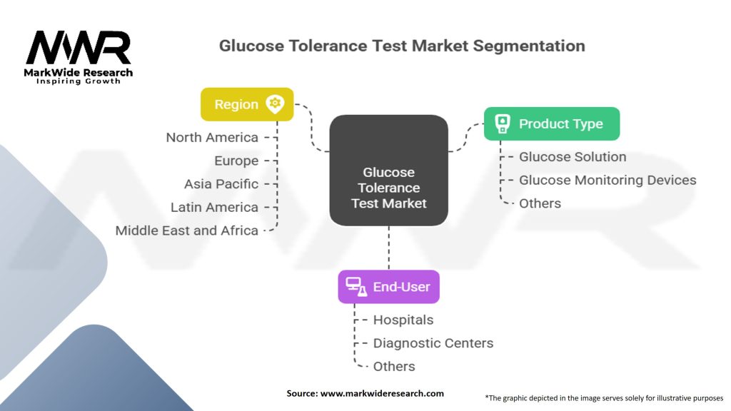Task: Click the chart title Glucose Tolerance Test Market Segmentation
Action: [402, 46]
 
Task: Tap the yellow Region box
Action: [247, 104]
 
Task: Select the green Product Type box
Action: [551, 123]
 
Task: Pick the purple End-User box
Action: [389, 287]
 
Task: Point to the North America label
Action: [212, 137]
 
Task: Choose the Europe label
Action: [236, 161]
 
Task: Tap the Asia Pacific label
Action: [221, 183]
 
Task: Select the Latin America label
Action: [214, 207]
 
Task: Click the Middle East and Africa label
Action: [187, 230]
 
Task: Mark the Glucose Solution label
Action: [573, 156]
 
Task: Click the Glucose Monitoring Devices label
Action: [608, 180]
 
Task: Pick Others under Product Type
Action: [540, 203]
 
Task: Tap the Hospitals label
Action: [403, 320]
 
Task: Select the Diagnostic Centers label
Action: [433, 343]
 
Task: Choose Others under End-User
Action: [394, 366]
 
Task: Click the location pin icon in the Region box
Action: [275, 104]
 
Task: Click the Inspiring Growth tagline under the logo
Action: [79, 81]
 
